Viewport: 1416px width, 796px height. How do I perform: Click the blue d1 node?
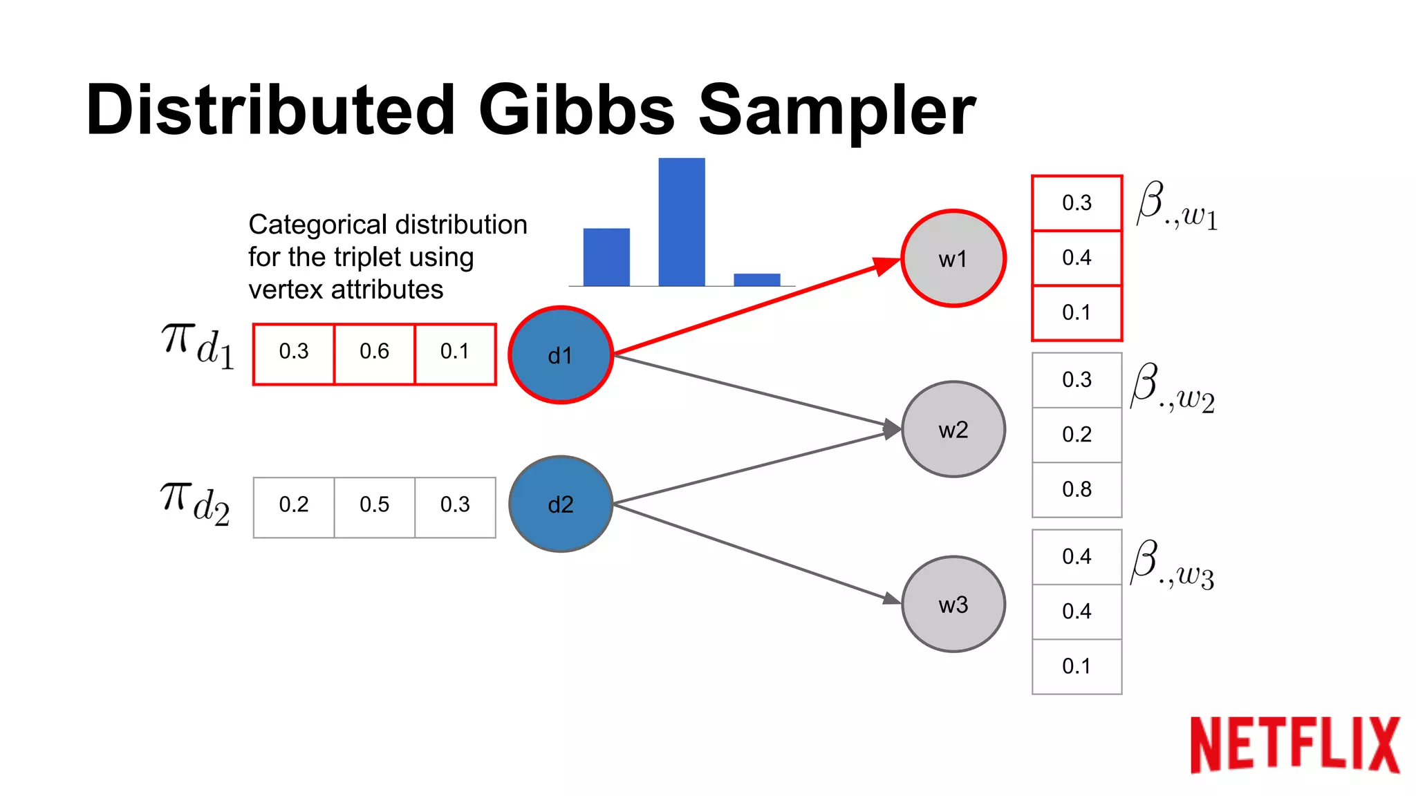(x=561, y=355)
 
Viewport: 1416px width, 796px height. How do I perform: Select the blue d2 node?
(x=561, y=504)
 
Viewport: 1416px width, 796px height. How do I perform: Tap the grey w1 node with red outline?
(x=953, y=258)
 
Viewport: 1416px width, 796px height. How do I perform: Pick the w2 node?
(x=953, y=429)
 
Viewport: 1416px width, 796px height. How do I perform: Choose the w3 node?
(x=953, y=605)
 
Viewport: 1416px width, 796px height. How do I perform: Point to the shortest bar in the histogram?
(x=757, y=280)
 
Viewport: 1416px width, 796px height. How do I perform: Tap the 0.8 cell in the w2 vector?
(x=1077, y=489)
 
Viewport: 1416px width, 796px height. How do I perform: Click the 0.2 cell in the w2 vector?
(x=1077, y=435)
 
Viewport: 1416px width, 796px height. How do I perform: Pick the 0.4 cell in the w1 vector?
(x=1077, y=258)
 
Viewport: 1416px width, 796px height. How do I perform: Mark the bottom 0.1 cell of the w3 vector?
(x=1077, y=666)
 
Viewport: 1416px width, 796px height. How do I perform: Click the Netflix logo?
(x=1294, y=744)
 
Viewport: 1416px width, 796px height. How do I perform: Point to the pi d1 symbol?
(x=198, y=345)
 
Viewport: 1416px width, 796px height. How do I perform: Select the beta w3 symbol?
(x=1172, y=565)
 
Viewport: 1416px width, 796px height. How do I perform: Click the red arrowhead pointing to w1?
(x=886, y=265)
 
